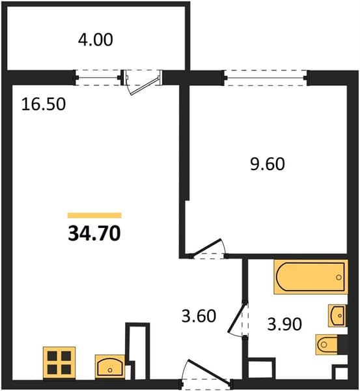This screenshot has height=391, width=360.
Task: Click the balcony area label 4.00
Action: pos(96,40)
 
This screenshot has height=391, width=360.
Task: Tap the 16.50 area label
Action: pos(44,104)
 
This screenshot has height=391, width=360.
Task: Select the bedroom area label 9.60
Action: pos(268,164)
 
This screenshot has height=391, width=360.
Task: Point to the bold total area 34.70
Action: pos(94,234)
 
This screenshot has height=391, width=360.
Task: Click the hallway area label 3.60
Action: pos(199,316)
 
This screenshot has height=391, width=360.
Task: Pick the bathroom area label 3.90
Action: pos(284,324)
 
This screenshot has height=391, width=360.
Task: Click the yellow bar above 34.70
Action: pos(94,215)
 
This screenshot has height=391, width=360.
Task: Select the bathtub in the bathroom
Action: pos(311,277)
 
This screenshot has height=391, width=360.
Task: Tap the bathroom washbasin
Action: pos(337,315)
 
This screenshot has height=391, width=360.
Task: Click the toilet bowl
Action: pos(326,344)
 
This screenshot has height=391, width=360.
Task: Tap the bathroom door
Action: pos(237,318)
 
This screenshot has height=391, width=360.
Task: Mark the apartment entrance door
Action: pos(208,370)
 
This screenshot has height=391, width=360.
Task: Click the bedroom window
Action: pos(266,78)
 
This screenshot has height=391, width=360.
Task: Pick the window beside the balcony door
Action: pos(98,78)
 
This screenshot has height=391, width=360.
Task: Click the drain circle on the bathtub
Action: pos(339,277)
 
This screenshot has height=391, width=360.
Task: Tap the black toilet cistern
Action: pos(342,344)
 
